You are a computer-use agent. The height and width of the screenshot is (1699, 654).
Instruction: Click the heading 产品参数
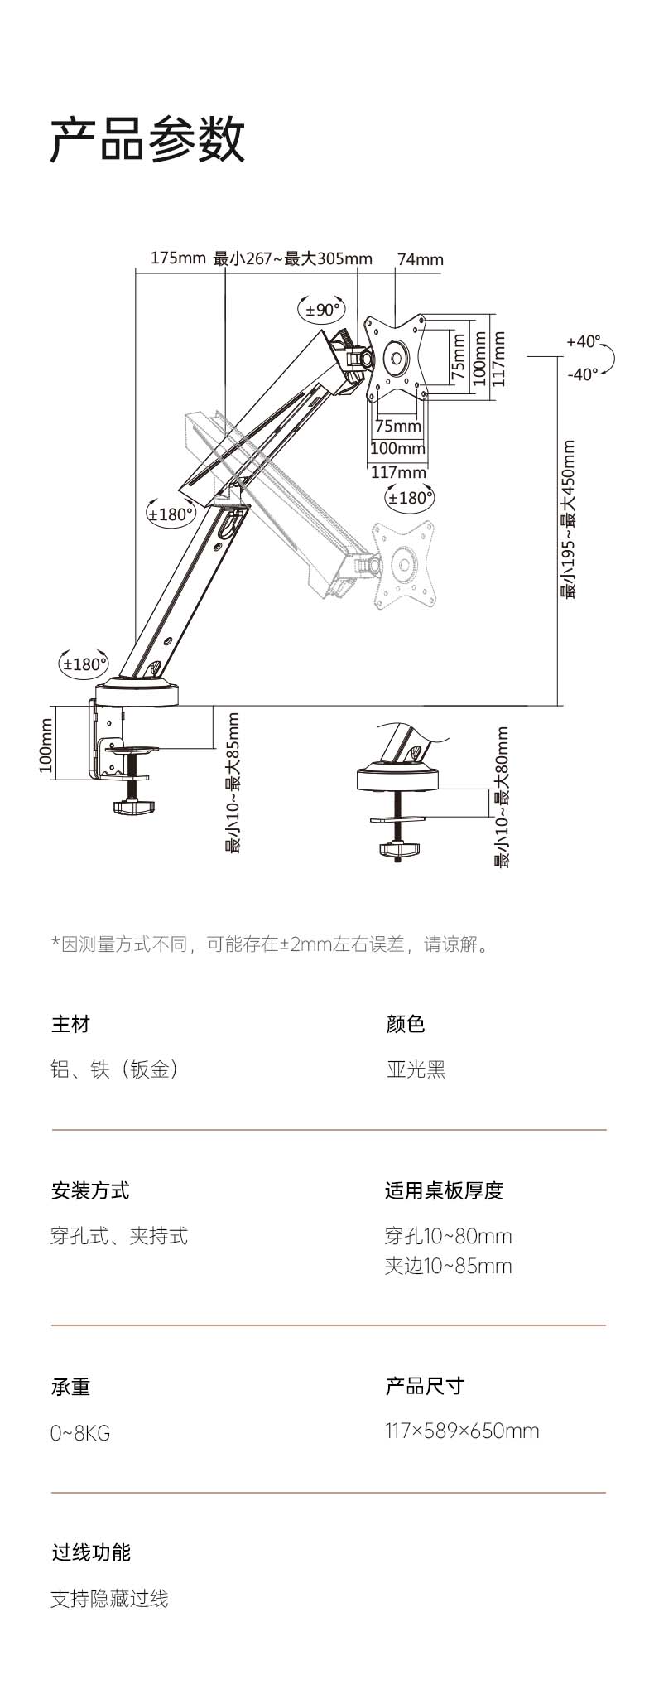click(148, 139)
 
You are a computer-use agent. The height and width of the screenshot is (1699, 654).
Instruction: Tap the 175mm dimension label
click(177, 258)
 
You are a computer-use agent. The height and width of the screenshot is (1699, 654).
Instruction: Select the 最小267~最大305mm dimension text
click(293, 258)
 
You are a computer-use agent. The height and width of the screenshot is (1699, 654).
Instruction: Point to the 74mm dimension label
click(421, 259)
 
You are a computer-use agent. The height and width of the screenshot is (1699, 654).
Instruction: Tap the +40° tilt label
click(583, 341)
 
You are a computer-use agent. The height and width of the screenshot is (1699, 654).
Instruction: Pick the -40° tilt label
click(583, 374)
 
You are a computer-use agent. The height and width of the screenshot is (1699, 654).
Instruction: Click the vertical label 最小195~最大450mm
click(569, 519)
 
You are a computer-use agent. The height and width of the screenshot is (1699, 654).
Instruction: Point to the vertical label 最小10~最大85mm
click(233, 783)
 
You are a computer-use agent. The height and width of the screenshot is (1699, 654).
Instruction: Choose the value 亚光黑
click(416, 1069)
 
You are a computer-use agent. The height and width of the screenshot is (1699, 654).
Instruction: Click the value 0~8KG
click(80, 1433)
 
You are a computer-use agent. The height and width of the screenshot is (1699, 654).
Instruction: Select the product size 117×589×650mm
click(462, 1431)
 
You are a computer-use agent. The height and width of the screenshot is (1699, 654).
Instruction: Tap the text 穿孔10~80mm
click(448, 1236)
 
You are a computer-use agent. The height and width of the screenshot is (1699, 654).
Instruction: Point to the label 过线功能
click(91, 1552)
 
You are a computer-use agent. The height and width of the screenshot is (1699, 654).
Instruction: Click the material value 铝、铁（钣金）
click(115, 1069)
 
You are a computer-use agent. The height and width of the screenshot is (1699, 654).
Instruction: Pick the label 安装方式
click(90, 1191)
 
